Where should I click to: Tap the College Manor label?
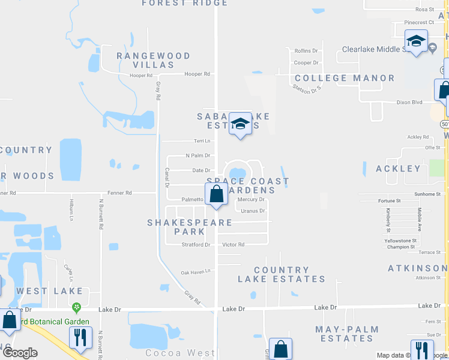coord(345,78)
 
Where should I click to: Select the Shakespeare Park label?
coord(190,227)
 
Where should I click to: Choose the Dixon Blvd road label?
coord(409,103)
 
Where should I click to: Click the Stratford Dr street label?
coord(196,245)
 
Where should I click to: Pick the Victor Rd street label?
coord(233,245)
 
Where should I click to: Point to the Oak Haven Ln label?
coord(196,272)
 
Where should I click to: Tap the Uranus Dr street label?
coord(253,211)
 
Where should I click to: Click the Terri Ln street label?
coord(202,141)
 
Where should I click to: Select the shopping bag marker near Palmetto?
coord(217,195)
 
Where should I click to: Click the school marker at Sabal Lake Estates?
coord(240,124)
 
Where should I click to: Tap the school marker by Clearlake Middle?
coord(416,41)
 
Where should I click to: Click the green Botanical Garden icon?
coord(76,308)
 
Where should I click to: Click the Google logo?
coord(20,353)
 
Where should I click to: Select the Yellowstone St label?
coord(400,240)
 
